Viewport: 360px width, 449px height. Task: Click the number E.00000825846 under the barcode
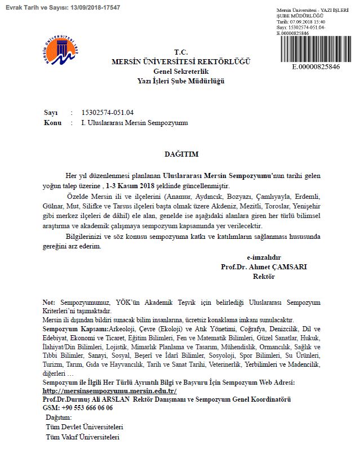[x=315, y=66]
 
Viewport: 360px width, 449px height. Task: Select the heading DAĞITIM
[x=181, y=153]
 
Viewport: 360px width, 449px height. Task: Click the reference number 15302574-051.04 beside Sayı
[x=107, y=112]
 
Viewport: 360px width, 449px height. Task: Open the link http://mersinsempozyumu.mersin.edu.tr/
[x=110, y=390]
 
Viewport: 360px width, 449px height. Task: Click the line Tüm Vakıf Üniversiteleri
[x=85, y=437]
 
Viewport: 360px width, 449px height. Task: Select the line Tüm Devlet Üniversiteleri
[x=86, y=427]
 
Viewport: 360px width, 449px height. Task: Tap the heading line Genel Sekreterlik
[x=181, y=72]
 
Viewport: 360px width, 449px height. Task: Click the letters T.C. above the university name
[x=181, y=51]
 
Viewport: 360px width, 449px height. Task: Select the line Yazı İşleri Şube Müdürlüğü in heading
[x=181, y=81]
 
